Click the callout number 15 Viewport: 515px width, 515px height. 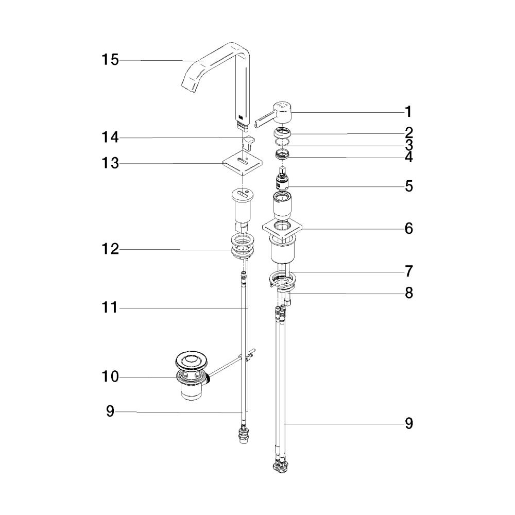point(110,60)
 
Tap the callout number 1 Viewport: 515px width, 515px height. point(408,112)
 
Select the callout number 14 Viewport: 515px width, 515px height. point(110,137)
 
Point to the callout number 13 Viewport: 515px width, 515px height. point(110,163)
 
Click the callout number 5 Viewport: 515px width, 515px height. point(408,186)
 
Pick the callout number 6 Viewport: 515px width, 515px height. point(408,228)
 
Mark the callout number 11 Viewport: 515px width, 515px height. point(110,308)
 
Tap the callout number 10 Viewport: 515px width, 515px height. point(110,377)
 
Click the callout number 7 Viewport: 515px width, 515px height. point(408,271)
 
